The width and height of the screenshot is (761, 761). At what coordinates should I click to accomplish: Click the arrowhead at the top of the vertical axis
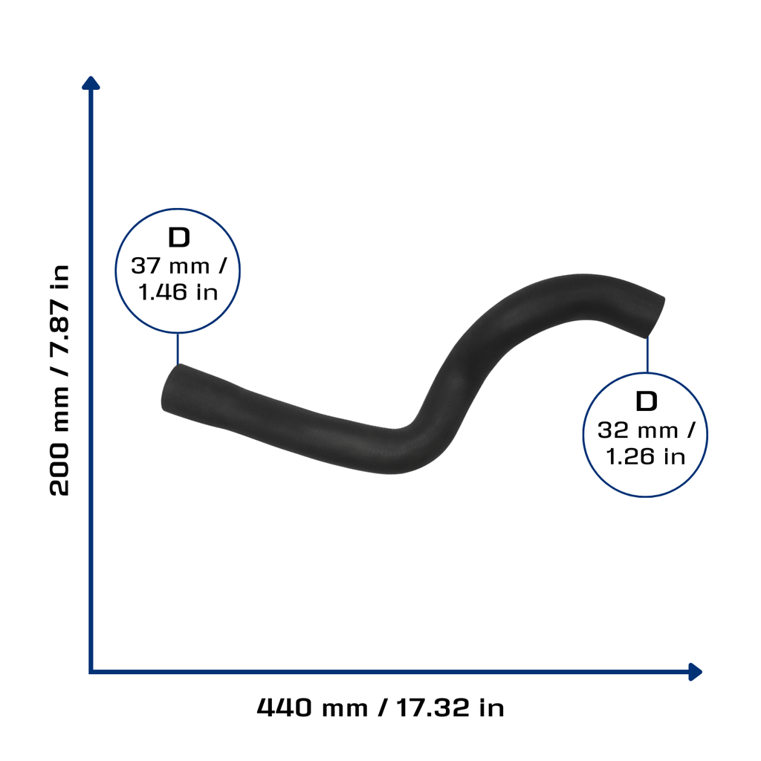(91, 83)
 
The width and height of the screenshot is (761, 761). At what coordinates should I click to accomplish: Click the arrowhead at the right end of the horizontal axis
(696, 672)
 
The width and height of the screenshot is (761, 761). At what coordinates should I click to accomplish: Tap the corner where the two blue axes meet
(91, 672)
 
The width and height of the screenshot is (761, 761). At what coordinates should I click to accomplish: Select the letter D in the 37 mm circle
(178, 237)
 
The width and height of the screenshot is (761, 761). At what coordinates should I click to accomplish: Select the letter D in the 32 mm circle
(646, 401)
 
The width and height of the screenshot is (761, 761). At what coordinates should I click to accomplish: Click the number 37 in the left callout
(146, 266)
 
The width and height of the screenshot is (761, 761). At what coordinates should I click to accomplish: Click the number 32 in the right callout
(612, 430)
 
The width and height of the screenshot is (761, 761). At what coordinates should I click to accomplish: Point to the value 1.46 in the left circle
(163, 292)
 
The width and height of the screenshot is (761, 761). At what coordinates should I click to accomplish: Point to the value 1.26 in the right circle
(630, 457)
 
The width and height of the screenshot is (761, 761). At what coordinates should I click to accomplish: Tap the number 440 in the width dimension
(284, 707)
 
